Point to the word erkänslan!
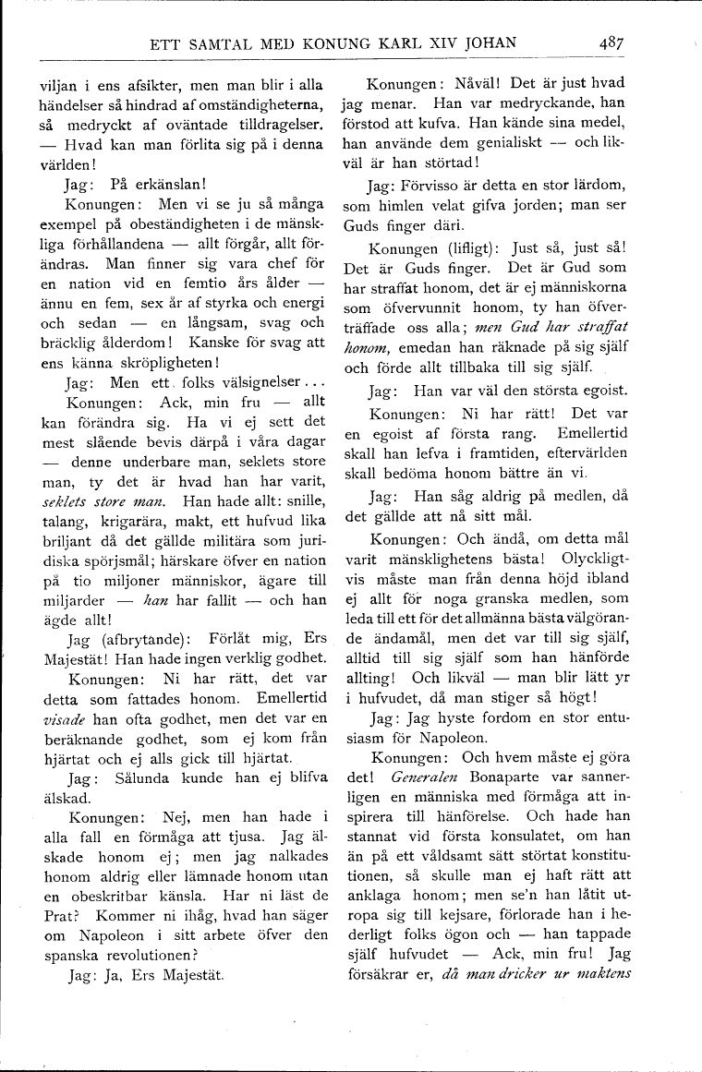click(x=163, y=184)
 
